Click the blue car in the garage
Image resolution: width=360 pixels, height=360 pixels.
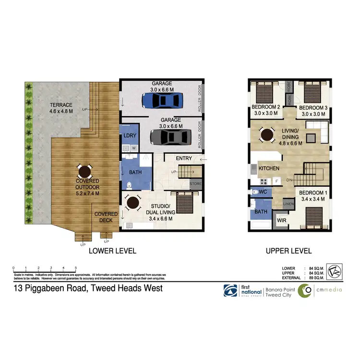[162, 101]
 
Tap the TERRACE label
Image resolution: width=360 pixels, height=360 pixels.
[61, 105]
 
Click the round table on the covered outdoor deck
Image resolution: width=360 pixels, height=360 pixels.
[84, 171]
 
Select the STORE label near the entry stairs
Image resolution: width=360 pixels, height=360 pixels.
[196, 183]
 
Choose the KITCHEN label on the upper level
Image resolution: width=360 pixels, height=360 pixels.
[270, 169]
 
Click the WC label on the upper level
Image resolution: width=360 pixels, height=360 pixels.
[263, 192]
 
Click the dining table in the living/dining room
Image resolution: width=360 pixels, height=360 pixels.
[265, 135]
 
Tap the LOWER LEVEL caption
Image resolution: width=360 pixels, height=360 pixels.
[112, 251]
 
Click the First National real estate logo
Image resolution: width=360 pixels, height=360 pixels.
[243, 291]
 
